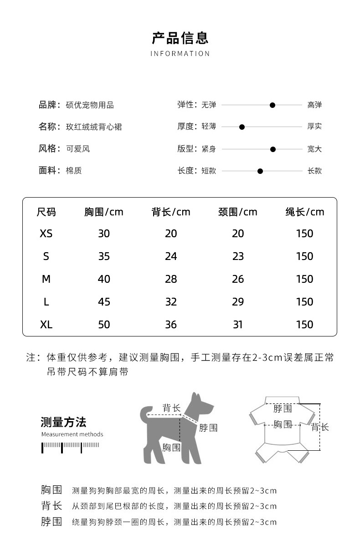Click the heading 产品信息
pyautogui.click(x=180, y=38)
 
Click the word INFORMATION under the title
pyautogui.click(x=180, y=54)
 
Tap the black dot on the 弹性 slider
pyautogui.click(x=273, y=105)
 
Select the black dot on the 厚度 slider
pyautogui.click(x=242, y=127)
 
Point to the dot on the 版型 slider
pyautogui.click(x=273, y=149)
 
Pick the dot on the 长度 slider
pyautogui.click(x=260, y=171)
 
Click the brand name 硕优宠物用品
pyautogui.click(x=90, y=105)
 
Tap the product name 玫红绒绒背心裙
pyautogui.click(x=93, y=127)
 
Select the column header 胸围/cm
pyautogui.click(x=104, y=212)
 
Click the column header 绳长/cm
pyautogui.click(x=305, y=212)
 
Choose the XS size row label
pyautogui.click(x=46, y=234)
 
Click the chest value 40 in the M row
pyautogui.click(x=104, y=279)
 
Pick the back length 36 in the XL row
pyautogui.click(x=171, y=325)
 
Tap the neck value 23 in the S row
pyautogui.click(x=238, y=256)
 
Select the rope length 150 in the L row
pyautogui.click(x=305, y=302)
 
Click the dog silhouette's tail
pyautogui.click(x=145, y=412)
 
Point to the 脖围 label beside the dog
pyautogui.click(x=208, y=428)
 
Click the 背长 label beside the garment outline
pyautogui.click(x=320, y=427)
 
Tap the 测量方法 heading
pyautogui.click(x=63, y=422)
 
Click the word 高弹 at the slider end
pyautogui.click(x=314, y=105)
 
